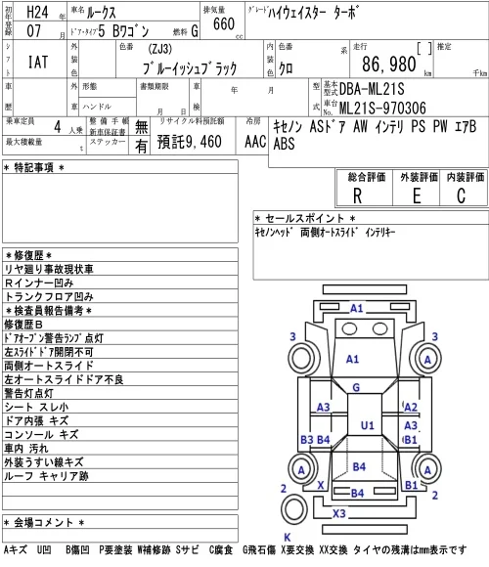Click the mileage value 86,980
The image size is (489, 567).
(x=389, y=65)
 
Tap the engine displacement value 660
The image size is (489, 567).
(x=224, y=24)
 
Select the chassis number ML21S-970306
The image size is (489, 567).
(x=382, y=108)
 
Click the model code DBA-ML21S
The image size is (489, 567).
(x=372, y=89)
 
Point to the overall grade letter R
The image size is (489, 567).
(x=357, y=196)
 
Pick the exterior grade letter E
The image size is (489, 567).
(x=417, y=196)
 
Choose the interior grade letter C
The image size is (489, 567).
(x=461, y=196)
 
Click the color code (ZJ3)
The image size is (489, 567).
(x=159, y=49)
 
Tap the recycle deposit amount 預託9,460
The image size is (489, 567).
(x=189, y=142)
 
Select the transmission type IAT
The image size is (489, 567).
(x=38, y=62)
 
